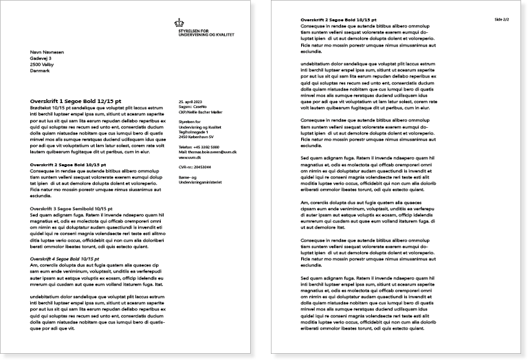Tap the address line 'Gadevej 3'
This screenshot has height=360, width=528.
point(42,59)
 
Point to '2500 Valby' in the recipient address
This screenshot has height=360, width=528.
point(43,65)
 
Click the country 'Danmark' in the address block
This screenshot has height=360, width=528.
point(41,71)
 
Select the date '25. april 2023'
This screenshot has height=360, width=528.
point(190,101)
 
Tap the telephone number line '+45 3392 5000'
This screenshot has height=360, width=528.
point(199,147)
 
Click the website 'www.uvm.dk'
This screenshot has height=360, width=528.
point(189,157)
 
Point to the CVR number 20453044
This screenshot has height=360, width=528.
point(194,167)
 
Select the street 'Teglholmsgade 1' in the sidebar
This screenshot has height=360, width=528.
point(193,133)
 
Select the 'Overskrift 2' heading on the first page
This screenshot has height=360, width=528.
point(68,165)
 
